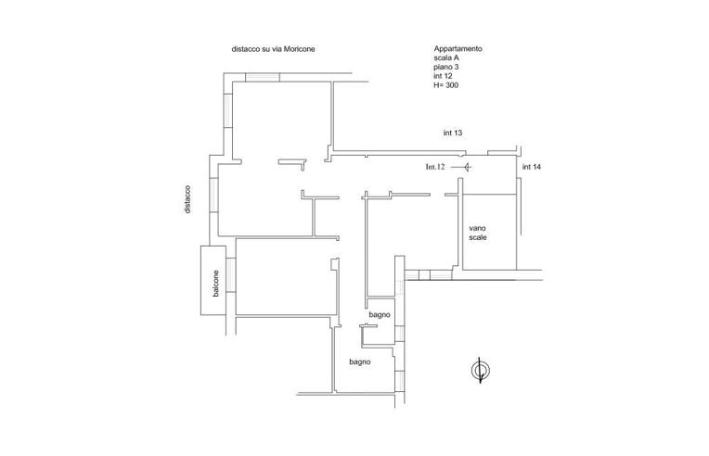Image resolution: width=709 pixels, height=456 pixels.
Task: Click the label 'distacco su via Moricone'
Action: tap(274, 49)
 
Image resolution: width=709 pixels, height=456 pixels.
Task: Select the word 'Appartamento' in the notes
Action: tap(458, 49)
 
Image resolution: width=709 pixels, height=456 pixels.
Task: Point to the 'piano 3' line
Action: tap(447, 68)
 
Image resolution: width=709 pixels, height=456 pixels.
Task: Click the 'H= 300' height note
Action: tap(447, 86)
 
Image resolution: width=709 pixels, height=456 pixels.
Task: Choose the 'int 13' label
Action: tap(453, 133)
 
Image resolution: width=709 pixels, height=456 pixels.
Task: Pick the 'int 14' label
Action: tap(532, 167)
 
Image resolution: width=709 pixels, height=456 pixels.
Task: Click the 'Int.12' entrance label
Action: tap(436, 167)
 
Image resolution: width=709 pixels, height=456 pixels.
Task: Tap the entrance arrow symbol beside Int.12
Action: tap(466, 167)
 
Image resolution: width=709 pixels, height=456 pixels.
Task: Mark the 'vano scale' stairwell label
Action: tap(478, 233)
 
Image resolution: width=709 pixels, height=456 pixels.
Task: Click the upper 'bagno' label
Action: tap(379, 315)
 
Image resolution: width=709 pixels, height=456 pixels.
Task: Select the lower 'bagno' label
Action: tap(360, 361)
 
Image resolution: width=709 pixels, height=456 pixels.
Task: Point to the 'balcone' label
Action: tap(215, 283)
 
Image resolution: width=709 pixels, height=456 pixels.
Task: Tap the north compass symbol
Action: tap(480, 372)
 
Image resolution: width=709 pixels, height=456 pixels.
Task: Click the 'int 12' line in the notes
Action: tap(445, 77)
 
